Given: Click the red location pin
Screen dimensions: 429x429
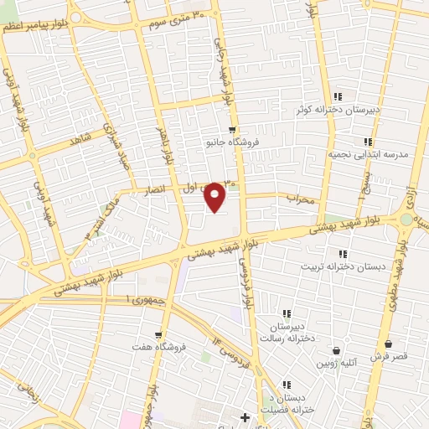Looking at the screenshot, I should point(215,197).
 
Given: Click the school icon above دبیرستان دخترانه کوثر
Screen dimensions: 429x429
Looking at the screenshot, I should point(338,96).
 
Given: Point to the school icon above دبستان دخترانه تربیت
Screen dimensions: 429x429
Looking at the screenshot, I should point(342,254).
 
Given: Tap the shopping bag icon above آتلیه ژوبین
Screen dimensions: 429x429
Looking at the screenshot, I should point(336,350).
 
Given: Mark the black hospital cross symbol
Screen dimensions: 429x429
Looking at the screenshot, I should point(245,416).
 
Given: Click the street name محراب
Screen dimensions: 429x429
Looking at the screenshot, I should point(299,199).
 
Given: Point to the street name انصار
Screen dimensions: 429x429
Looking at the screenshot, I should point(160,189).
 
